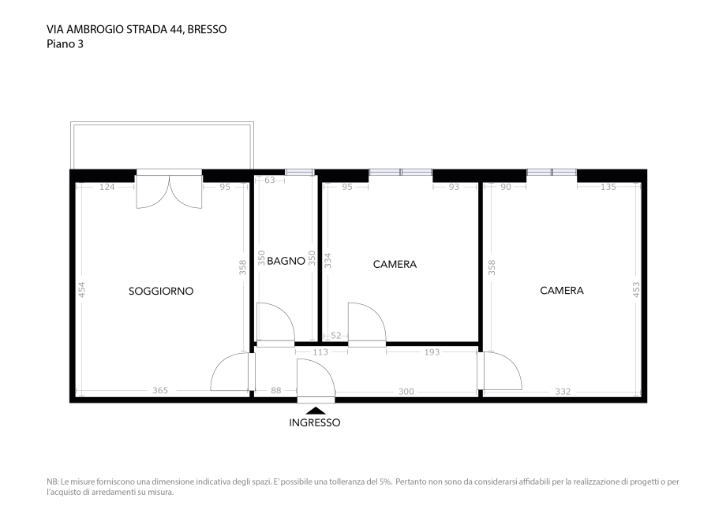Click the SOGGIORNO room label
tap(161, 291)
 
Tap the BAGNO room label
tap(286, 261)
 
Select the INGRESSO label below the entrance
tap(315, 422)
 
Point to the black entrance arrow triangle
tap(315, 410)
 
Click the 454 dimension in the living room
tap(81, 289)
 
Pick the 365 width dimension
tap(160, 391)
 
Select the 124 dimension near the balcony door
tap(107, 187)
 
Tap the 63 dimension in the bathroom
tap(270, 180)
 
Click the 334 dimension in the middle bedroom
tap(328, 260)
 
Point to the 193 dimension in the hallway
tap(432, 352)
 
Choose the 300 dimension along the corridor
tap(406, 391)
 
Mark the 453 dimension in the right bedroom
tap(636, 289)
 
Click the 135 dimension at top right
tap(608, 187)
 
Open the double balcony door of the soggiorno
tap(169, 192)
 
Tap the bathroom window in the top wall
tap(299, 172)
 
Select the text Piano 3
tap(65, 44)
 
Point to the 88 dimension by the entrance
tap(276, 391)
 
